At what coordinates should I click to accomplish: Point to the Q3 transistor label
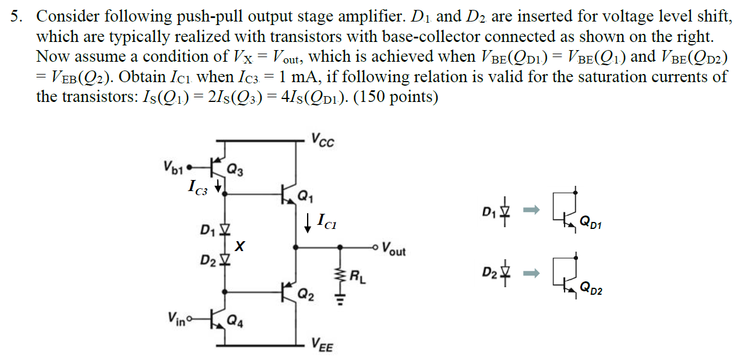(236, 170)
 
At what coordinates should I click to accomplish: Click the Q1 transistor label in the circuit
(305, 196)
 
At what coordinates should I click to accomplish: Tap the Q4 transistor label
(236, 319)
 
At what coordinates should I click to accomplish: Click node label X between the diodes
(239, 247)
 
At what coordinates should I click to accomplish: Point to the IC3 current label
(198, 186)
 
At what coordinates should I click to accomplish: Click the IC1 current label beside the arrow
(327, 221)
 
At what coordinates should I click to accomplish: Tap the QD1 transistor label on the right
(591, 225)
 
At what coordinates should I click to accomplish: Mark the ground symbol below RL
(340, 298)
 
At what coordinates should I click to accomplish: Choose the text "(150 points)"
(396, 96)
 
